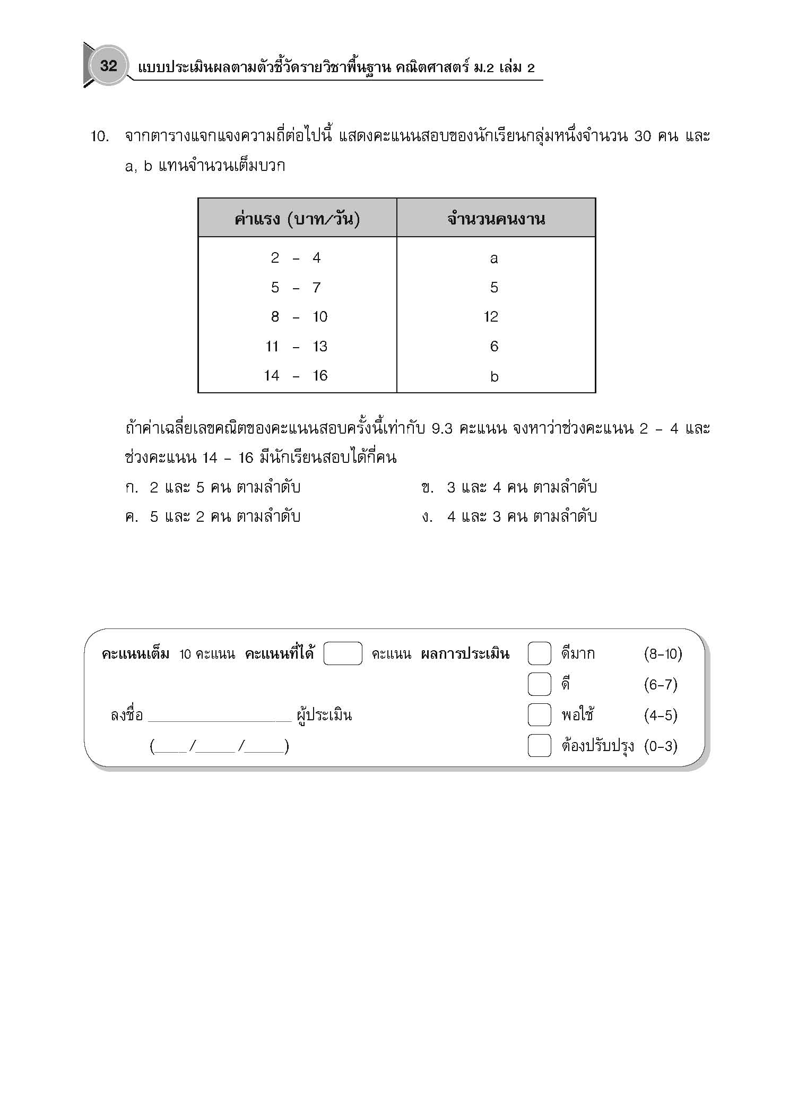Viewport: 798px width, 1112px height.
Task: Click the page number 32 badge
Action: tap(108, 66)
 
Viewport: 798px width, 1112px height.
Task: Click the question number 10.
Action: tap(100, 137)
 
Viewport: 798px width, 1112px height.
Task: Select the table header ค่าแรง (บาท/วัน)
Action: tap(297, 218)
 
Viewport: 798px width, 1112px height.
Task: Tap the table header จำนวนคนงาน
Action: tap(496, 219)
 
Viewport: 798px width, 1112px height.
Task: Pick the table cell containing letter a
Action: tap(494, 258)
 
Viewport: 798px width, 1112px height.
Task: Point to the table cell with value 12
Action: tap(491, 317)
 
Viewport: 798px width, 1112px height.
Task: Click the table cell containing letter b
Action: tap(495, 377)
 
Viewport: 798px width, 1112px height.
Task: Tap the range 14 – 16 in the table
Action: tap(296, 376)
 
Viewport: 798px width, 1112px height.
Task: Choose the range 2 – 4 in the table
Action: tap(296, 258)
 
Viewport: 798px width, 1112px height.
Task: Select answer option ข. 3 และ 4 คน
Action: tap(509, 487)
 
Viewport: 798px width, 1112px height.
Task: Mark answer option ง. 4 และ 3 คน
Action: tap(509, 516)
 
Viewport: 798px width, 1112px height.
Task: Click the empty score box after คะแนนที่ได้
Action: tap(343, 653)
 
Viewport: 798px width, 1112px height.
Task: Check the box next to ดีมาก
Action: tap(539, 653)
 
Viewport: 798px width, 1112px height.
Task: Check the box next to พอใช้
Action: tap(539, 715)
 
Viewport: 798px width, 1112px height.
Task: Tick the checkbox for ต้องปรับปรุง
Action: tap(539, 746)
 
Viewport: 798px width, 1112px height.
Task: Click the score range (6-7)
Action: tap(661, 685)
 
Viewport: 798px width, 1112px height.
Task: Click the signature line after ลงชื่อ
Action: tap(220, 717)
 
